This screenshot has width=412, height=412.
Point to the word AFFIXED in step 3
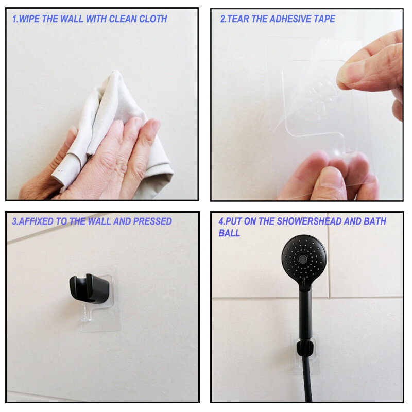click(x=36, y=221)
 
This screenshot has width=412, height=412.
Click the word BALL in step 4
click(x=229, y=233)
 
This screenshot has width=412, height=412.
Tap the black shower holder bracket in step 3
click(x=89, y=288)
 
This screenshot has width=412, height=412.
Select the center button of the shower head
click(x=303, y=259)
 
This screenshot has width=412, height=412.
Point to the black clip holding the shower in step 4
click(x=305, y=347)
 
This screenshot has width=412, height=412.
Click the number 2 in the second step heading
click(x=223, y=19)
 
